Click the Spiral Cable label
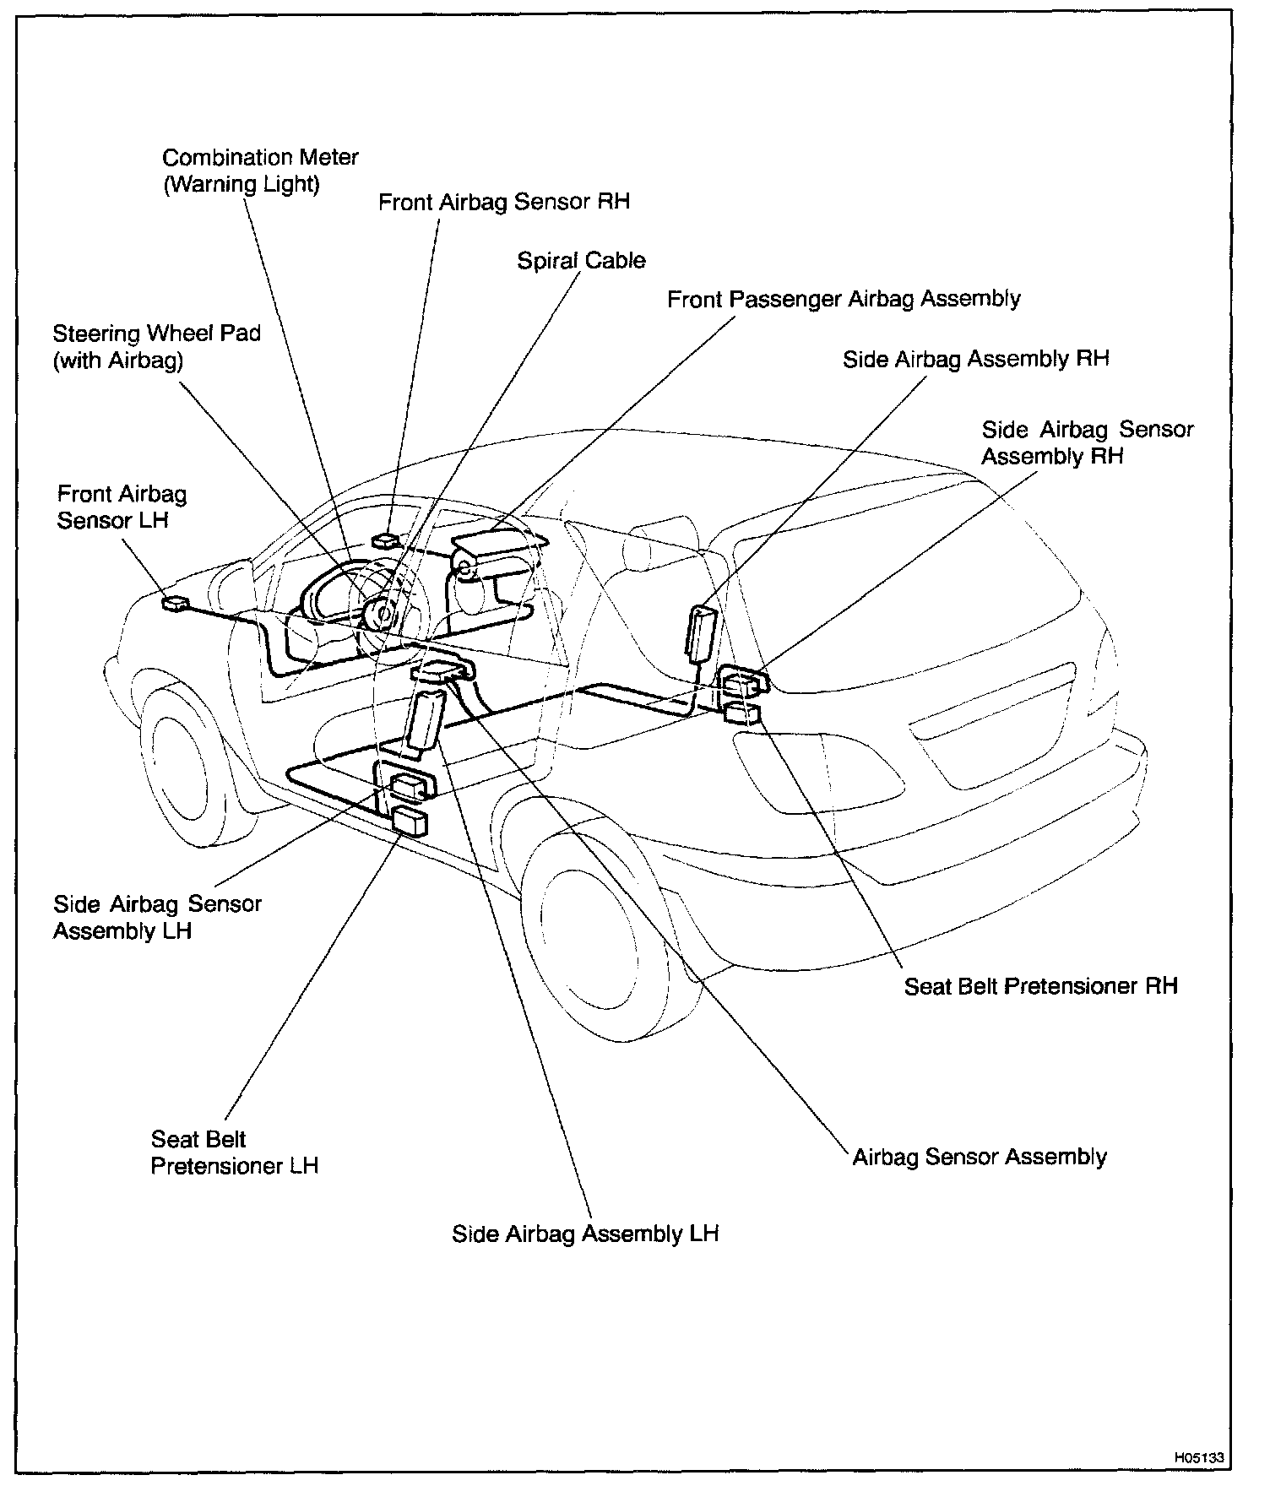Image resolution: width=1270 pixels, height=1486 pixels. tap(581, 260)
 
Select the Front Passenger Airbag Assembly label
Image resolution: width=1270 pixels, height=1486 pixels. tap(844, 299)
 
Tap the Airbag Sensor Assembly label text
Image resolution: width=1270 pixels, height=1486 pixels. tap(980, 1156)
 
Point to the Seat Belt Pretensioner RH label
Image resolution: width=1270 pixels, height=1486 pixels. tap(1040, 985)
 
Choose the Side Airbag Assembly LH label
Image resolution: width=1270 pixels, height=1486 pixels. tap(585, 1234)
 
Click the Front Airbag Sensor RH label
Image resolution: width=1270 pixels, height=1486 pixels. tap(504, 203)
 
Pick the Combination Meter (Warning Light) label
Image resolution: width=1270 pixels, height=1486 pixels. tap(260, 171)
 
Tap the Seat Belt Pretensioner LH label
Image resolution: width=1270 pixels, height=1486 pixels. tap(234, 1152)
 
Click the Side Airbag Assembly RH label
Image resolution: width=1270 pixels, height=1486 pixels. tap(975, 359)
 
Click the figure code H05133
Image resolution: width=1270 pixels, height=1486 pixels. tap(1198, 1457)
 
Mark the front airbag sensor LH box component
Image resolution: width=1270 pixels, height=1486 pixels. tap(176, 603)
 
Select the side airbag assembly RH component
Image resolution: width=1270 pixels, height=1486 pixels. tap(701, 631)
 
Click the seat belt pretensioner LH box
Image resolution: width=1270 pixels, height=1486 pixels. tap(410, 820)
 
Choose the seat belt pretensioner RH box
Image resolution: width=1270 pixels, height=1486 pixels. tap(741, 713)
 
